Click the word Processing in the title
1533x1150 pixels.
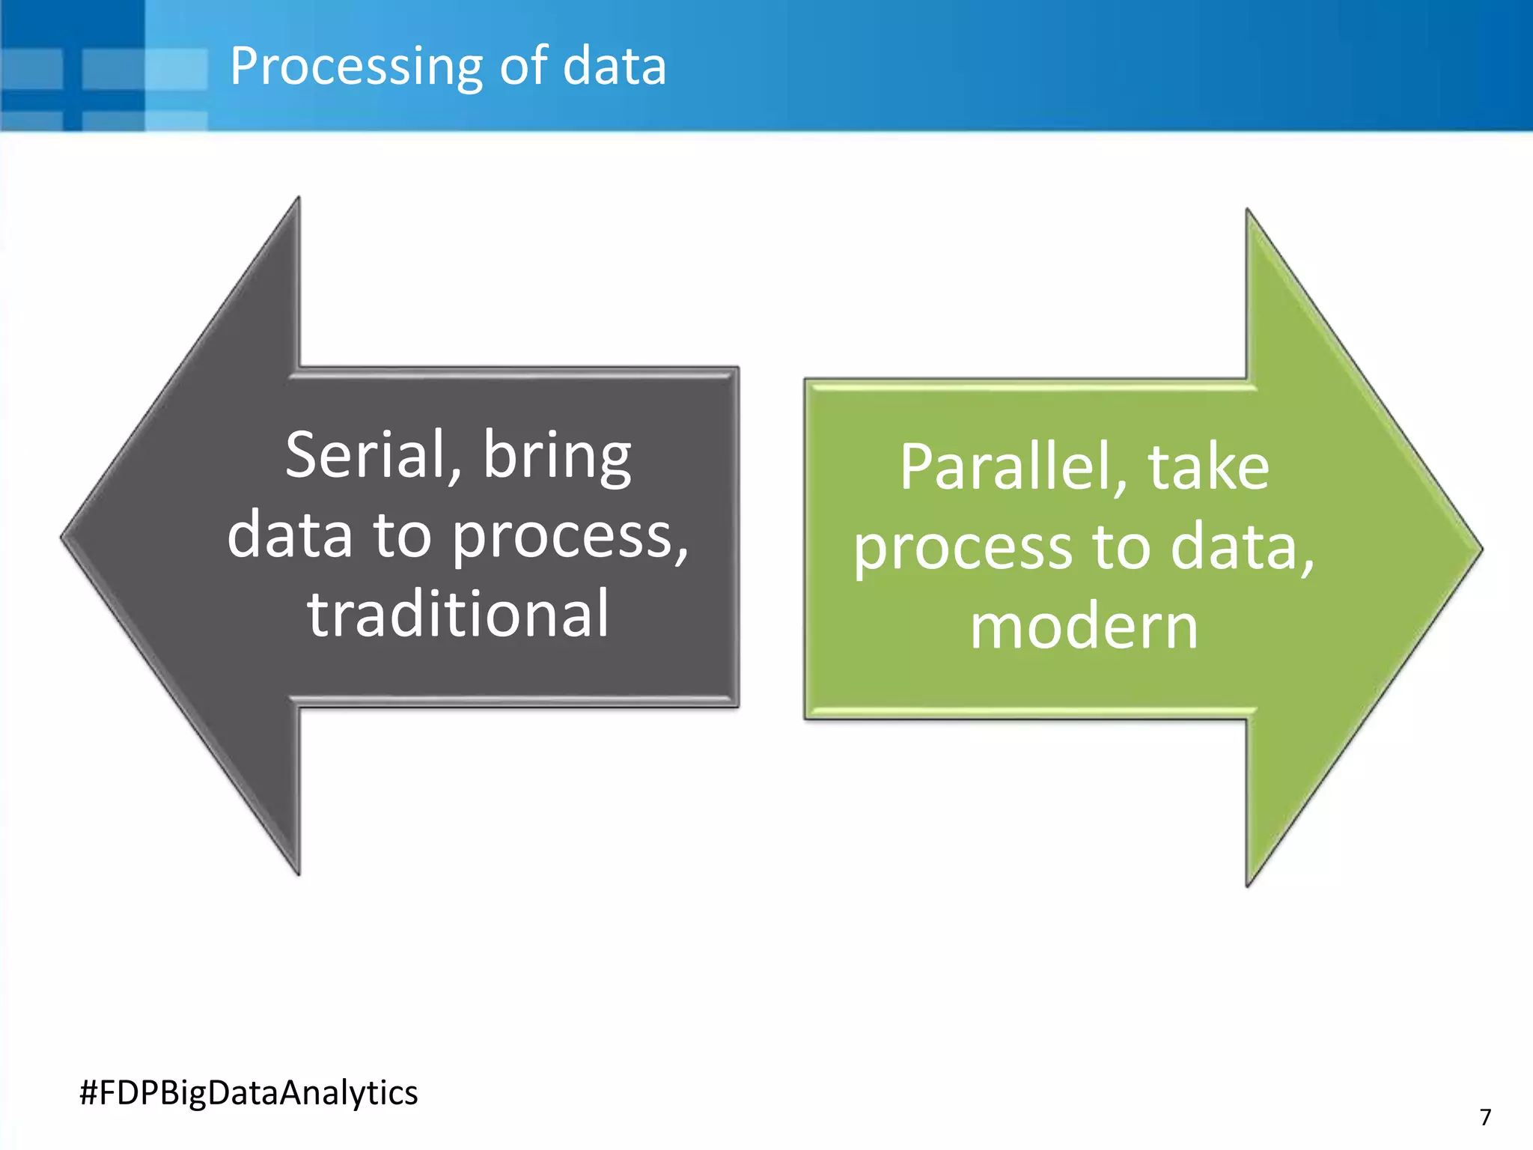[356, 67]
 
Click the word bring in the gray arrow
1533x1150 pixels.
[557, 457]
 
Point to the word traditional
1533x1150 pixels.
[458, 613]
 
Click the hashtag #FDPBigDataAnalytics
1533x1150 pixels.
[249, 1092]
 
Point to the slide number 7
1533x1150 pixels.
[1485, 1117]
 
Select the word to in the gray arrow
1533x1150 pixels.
[402, 535]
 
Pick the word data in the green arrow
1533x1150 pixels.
[1240, 547]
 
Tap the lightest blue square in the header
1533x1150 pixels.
[176, 69]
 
